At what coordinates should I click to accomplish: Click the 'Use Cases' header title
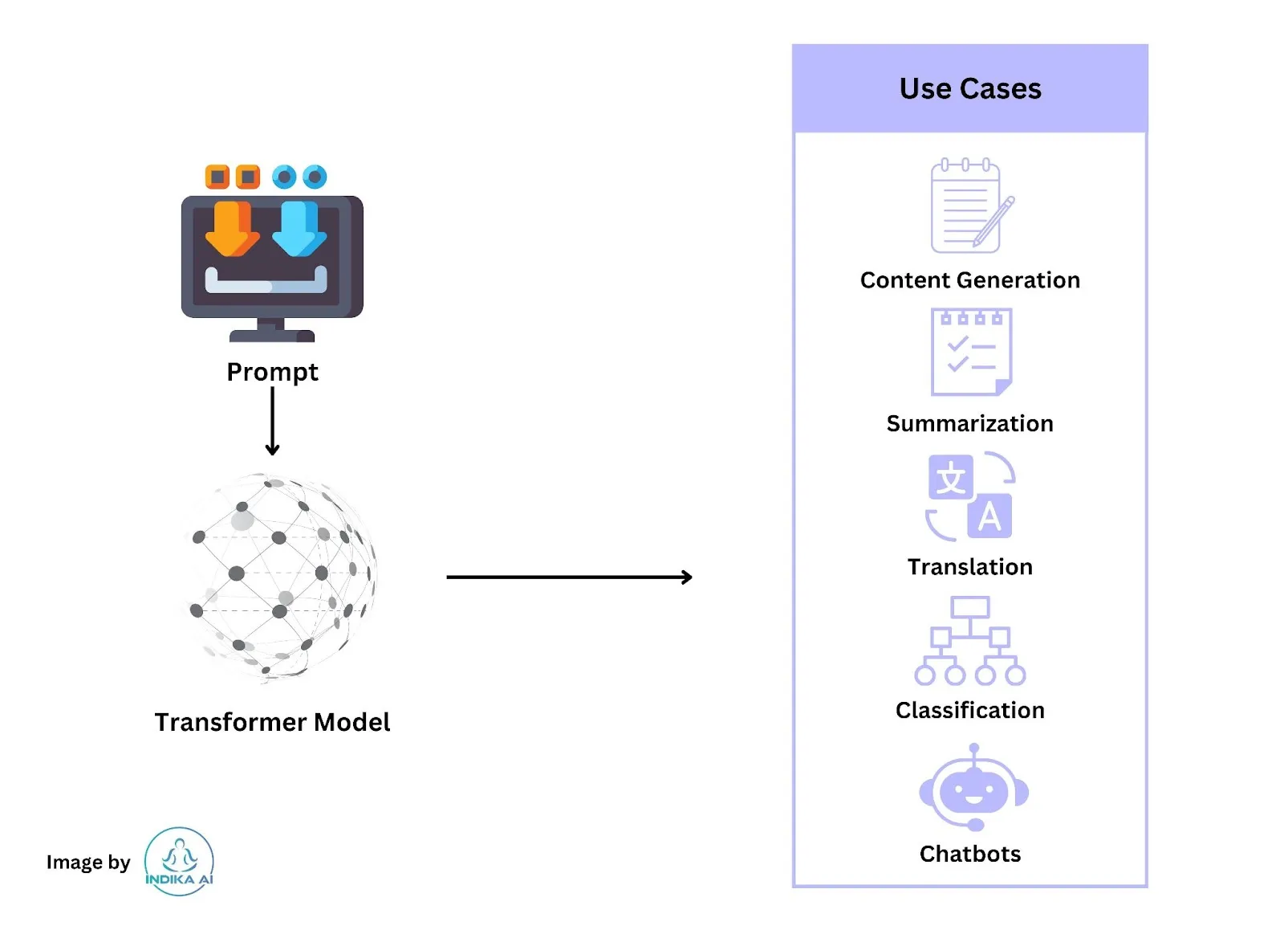[x=970, y=89]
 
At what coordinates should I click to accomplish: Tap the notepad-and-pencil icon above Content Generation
[x=972, y=205]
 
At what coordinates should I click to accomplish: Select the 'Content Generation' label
[x=970, y=280]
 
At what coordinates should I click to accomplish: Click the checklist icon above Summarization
[x=971, y=352]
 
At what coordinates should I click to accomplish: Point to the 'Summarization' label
[x=970, y=424]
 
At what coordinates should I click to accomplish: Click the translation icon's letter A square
[x=989, y=516]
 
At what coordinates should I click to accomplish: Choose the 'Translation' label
[x=970, y=567]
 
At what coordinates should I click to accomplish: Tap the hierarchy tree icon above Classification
[x=970, y=641]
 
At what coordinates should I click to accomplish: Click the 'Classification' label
[x=970, y=711]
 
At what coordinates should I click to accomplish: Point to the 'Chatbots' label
[x=970, y=854]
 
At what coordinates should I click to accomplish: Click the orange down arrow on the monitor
[x=232, y=229]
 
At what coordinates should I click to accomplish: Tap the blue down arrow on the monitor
[x=299, y=229]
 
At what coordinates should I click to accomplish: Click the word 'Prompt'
[x=272, y=373]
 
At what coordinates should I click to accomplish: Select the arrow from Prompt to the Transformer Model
[x=272, y=422]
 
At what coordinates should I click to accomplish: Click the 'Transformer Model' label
[x=272, y=722]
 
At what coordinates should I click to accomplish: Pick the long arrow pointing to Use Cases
[x=570, y=577]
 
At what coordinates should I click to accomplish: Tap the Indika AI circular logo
[x=179, y=862]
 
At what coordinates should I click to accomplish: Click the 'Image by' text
[x=88, y=863]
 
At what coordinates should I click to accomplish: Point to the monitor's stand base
[x=272, y=336]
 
